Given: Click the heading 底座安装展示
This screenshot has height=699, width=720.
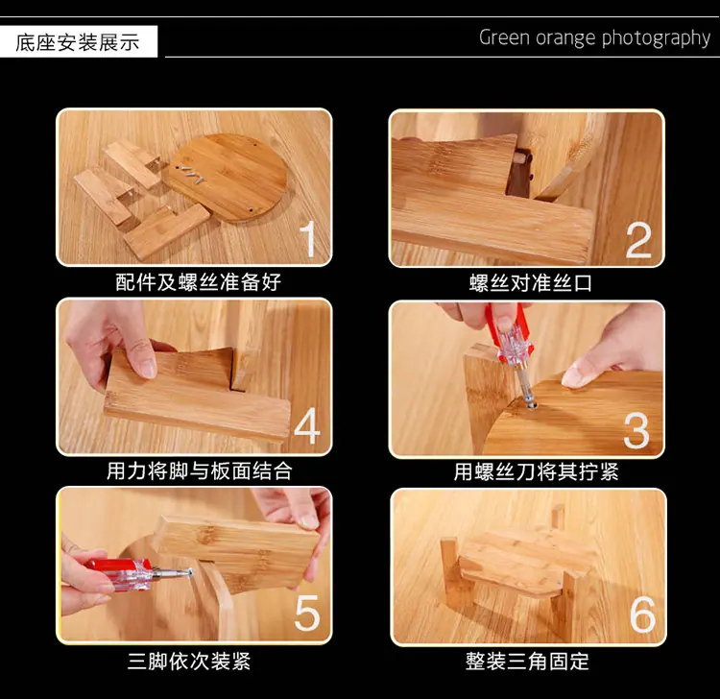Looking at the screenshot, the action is pos(77,42).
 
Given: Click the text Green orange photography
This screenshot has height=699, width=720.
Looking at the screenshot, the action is pos(594,38).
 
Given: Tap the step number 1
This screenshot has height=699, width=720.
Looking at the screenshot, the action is pos(307,239).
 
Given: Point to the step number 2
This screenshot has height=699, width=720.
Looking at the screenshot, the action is pos(638,240).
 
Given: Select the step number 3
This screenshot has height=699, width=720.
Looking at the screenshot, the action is pos(636,430).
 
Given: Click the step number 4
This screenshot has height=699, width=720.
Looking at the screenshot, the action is pos(307,426).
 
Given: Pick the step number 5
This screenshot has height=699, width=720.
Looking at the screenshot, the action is pos(307,614).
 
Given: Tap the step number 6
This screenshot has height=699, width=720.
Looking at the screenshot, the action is pos(642,615).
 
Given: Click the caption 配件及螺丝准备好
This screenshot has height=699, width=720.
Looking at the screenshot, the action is pos(198,282).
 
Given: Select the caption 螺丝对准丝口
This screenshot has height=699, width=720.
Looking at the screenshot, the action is pos(530,283).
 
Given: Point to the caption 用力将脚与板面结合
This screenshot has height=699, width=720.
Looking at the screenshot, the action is pos(200,471).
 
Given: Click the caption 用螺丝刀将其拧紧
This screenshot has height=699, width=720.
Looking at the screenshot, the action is pos(536,471).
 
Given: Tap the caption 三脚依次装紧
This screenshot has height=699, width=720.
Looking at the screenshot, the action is pos(189,662).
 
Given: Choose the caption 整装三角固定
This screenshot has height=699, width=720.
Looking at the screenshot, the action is pos(527,662).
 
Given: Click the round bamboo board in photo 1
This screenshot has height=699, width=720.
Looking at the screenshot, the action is pos(228,179).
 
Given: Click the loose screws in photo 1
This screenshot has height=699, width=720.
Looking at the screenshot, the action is pos(193,174).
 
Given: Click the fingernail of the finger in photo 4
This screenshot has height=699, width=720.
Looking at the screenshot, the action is pos(148,368).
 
